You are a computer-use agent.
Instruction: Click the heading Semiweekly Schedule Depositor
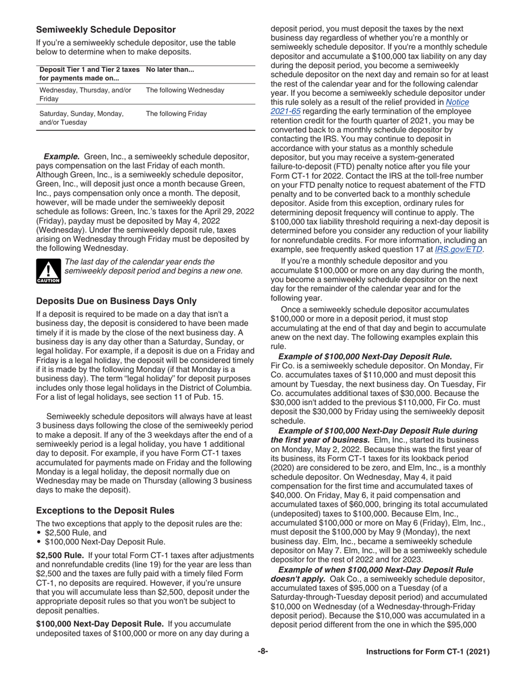(x=106, y=29)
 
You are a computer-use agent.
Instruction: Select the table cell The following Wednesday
(x=184, y=90)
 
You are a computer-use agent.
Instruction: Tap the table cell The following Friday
(x=176, y=114)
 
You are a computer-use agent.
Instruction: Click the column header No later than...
(x=169, y=70)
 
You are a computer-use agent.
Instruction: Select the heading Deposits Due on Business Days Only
(x=116, y=301)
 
